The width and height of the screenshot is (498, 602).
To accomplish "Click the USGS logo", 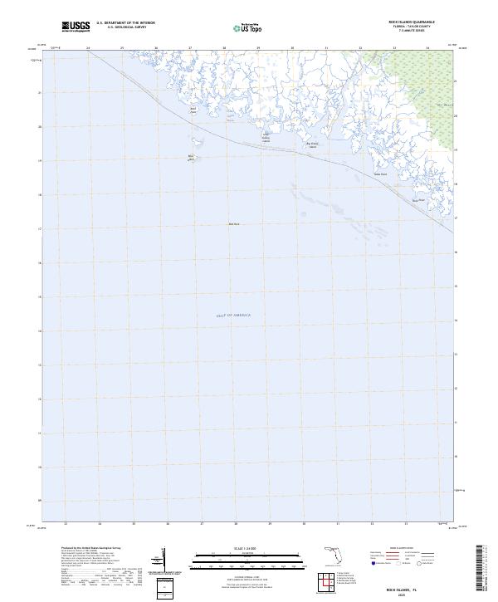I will point(76,27).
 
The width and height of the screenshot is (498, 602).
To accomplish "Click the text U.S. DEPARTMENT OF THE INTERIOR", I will point(125,22).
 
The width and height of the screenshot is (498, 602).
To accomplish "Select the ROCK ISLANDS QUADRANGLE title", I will point(412,22).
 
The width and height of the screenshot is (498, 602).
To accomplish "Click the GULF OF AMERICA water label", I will point(233,316).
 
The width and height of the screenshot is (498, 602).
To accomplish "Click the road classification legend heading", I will point(402,549).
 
